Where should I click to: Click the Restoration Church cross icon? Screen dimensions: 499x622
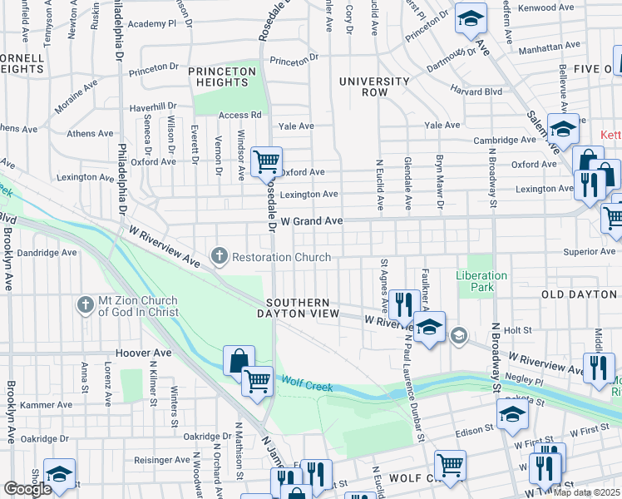pyautogui.click(x=220, y=256)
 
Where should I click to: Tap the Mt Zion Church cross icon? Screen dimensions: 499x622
pyautogui.click(x=85, y=305)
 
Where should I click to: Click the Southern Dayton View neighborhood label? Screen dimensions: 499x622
pyautogui.click(x=303, y=308)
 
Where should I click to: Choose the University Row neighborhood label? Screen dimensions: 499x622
pyautogui.click(x=374, y=86)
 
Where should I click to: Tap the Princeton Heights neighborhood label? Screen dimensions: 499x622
pyautogui.click(x=221, y=78)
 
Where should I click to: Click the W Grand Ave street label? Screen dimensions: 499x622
pyautogui.click(x=312, y=221)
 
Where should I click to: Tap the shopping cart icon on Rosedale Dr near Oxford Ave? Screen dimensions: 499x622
pyautogui.click(x=266, y=161)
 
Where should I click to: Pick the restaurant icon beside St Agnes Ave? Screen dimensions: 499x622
pyautogui.click(x=404, y=304)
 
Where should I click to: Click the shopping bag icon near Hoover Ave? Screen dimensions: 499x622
pyautogui.click(x=239, y=361)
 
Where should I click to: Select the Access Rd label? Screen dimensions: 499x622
pyautogui.click(x=240, y=115)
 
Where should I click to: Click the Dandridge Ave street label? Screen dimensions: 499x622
pyautogui.click(x=47, y=252)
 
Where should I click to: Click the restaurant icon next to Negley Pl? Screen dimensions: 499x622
pyautogui.click(x=599, y=368)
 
